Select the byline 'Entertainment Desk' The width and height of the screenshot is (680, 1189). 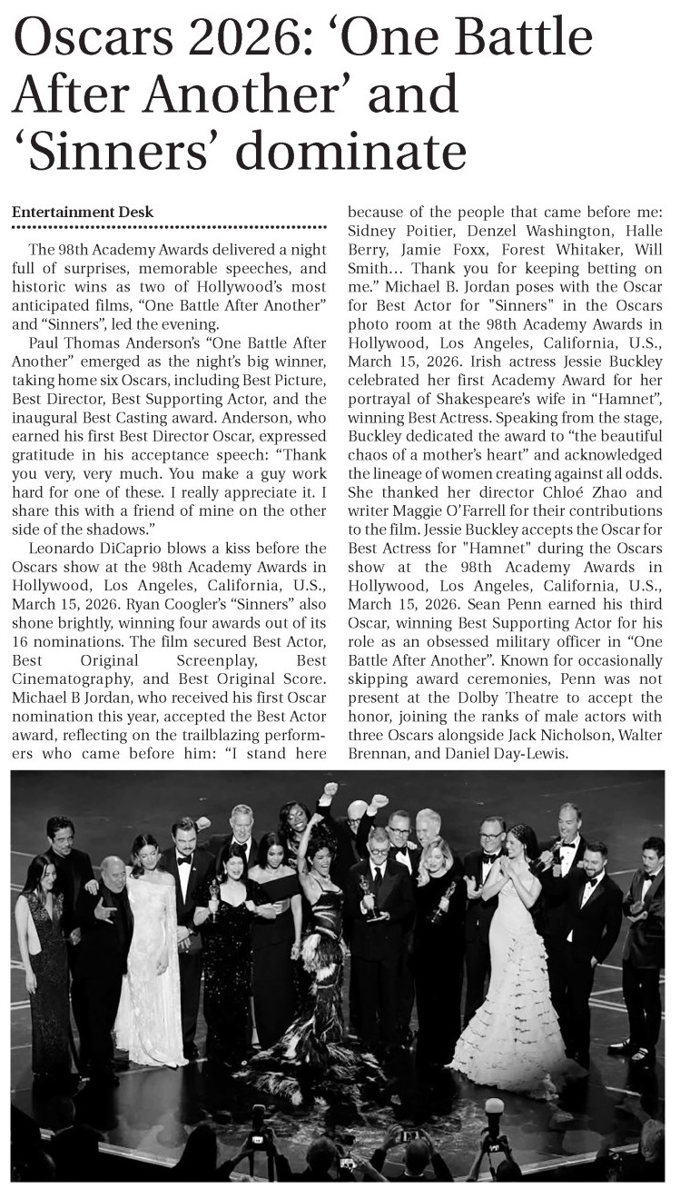(83, 212)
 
